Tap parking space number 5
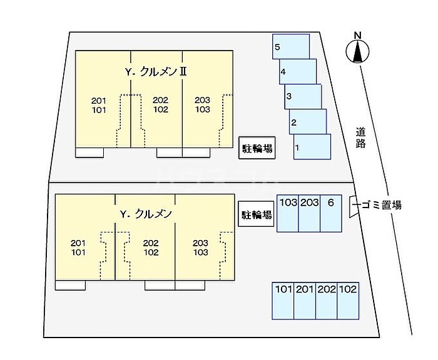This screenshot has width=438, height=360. (291, 47)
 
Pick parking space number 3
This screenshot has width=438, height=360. (303, 96)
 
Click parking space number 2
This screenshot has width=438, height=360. (308, 121)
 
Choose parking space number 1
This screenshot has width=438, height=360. (312, 147)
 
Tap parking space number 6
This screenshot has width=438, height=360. (332, 213)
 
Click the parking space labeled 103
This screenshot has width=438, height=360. (288, 213)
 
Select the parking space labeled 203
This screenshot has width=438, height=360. (309, 213)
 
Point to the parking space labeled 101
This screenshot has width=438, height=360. (283, 300)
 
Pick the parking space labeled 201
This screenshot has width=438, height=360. (305, 300)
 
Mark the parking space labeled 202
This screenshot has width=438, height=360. (327, 300)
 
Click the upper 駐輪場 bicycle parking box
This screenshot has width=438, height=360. (257, 149)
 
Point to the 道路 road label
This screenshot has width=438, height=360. (361, 137)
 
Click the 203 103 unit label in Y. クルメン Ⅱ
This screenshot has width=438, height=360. (202, 105)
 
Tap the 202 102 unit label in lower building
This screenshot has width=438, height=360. (151, 248)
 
